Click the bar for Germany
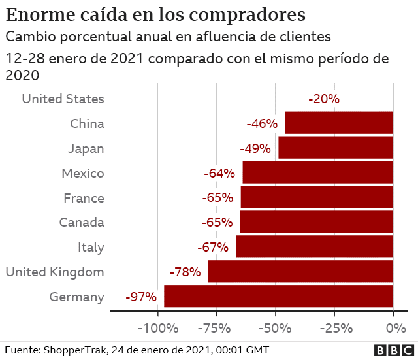(278, 297)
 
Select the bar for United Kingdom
(300, 272)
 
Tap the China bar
(339, 123)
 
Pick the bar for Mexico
(317, 172)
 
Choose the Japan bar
(335, 148)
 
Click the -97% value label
(141, 297)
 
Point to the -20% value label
(324, 99)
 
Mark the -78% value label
(185, 272)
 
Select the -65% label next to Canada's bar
(217, 223)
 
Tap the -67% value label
(212, 248)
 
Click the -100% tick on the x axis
(157, 327)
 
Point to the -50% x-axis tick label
(275, 327)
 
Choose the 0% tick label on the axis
(393, 327)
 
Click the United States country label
(63, 99)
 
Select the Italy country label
(91, 248)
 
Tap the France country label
(84, 198)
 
